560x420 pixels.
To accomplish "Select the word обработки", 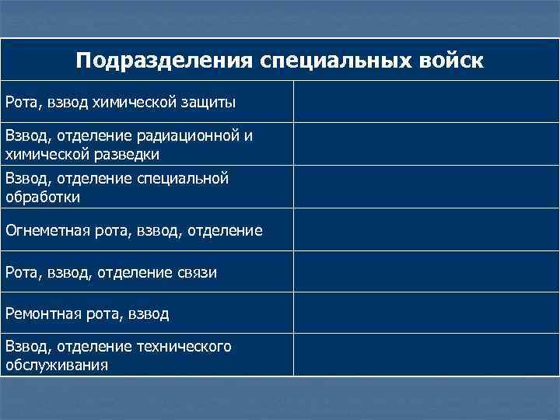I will coord(43,197).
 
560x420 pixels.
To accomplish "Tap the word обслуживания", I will coord(56,364).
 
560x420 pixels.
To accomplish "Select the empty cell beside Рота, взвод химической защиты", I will coord(425,101).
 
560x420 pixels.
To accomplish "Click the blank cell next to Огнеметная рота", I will coord(425,230).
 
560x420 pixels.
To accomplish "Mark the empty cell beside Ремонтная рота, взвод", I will coord(425,313).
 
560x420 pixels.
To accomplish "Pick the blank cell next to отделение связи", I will coord(425,272).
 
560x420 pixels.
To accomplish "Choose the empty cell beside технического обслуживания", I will coord(425,355).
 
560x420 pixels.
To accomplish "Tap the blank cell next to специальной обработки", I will coord(425,187).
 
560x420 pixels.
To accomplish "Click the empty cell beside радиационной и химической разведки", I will coord(425,144).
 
